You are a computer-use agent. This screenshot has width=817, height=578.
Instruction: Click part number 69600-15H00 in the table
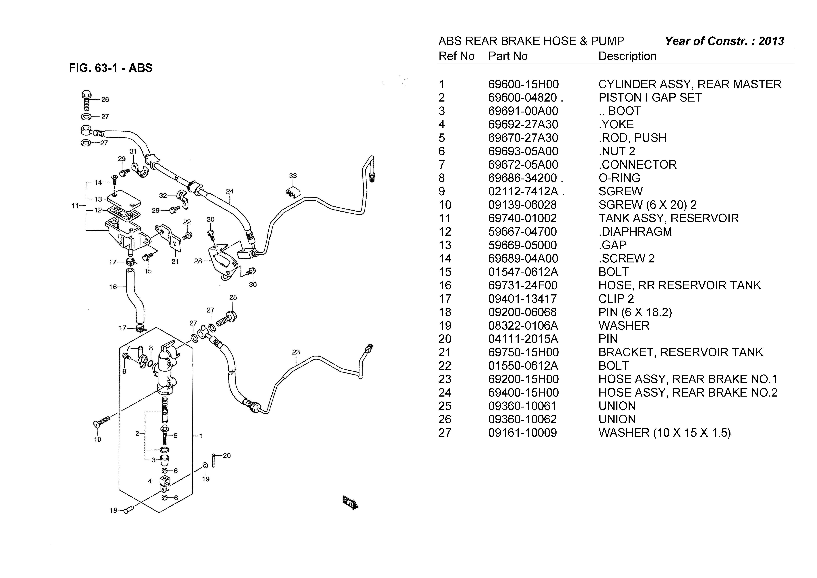[523, 84]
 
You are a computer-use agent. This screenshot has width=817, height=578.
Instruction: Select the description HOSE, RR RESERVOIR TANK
[679, 285]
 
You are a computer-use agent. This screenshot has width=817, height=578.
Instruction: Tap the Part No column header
[508, 56]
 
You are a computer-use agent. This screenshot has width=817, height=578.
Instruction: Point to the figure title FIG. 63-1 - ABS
[111, 68]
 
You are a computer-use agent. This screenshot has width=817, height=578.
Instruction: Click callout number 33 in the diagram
[293, 176]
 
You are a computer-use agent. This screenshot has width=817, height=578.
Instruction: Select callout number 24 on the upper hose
[230, 191]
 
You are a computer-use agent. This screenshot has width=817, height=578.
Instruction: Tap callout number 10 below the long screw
[97, 439]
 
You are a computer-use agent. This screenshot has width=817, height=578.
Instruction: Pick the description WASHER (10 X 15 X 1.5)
[664, 433]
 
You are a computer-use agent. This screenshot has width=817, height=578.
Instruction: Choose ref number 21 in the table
[445, 352]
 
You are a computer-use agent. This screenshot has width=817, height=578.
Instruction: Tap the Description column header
[627, 56]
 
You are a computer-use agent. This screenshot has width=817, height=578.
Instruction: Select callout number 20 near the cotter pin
[227, 455]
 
